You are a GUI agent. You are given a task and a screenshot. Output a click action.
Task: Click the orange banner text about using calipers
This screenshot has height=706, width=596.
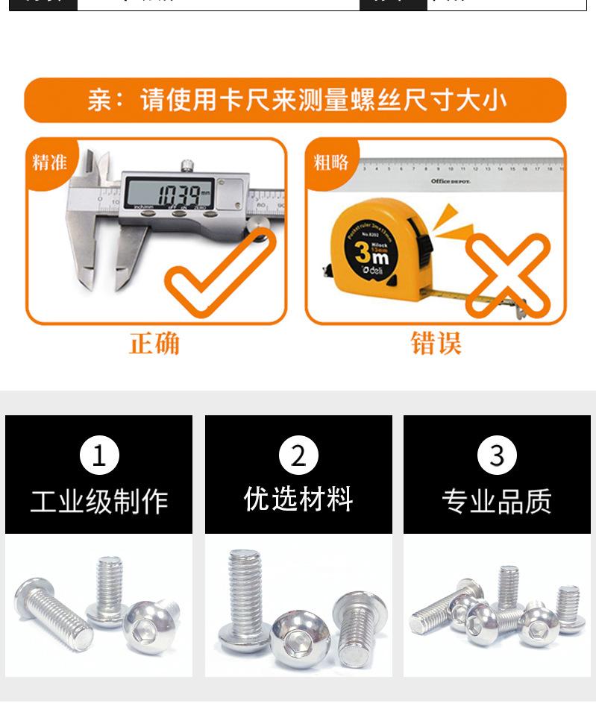pyautogui.click(x=296, y=101)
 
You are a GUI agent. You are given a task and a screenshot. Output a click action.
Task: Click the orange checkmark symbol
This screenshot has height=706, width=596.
pyautogui.click(x=221, y=276)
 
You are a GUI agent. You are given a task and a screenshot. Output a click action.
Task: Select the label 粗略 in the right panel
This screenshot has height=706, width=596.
pyautogui.click(x=330, y=162)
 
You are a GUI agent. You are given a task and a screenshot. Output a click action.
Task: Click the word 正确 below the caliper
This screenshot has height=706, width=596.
pyautogui.click(x=154, y=344)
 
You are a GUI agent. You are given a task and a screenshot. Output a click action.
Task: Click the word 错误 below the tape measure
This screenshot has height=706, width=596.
pyautogui.click(x=436, y=344)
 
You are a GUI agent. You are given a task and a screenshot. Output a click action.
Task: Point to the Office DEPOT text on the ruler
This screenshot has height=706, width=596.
pyautogui.click(x=451, y=181)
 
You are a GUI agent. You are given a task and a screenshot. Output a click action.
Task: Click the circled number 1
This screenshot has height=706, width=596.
pyautogui.click(x=98, y=456)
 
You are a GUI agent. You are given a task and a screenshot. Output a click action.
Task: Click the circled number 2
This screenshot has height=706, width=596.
pyautogui.click(x=298, y=456)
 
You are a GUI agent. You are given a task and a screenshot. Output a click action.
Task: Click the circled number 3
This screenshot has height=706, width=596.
pyautogui.click(x=497, y=456)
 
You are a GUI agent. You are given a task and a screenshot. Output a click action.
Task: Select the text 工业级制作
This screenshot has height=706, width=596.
pyautogui.click(x=98, y=502)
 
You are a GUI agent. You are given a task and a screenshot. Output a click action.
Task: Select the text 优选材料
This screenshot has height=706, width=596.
pyautogui.click(x=298, y=499)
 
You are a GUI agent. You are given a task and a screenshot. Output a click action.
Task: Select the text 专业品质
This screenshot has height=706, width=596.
pyautogui.click(x=497, y=502)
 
